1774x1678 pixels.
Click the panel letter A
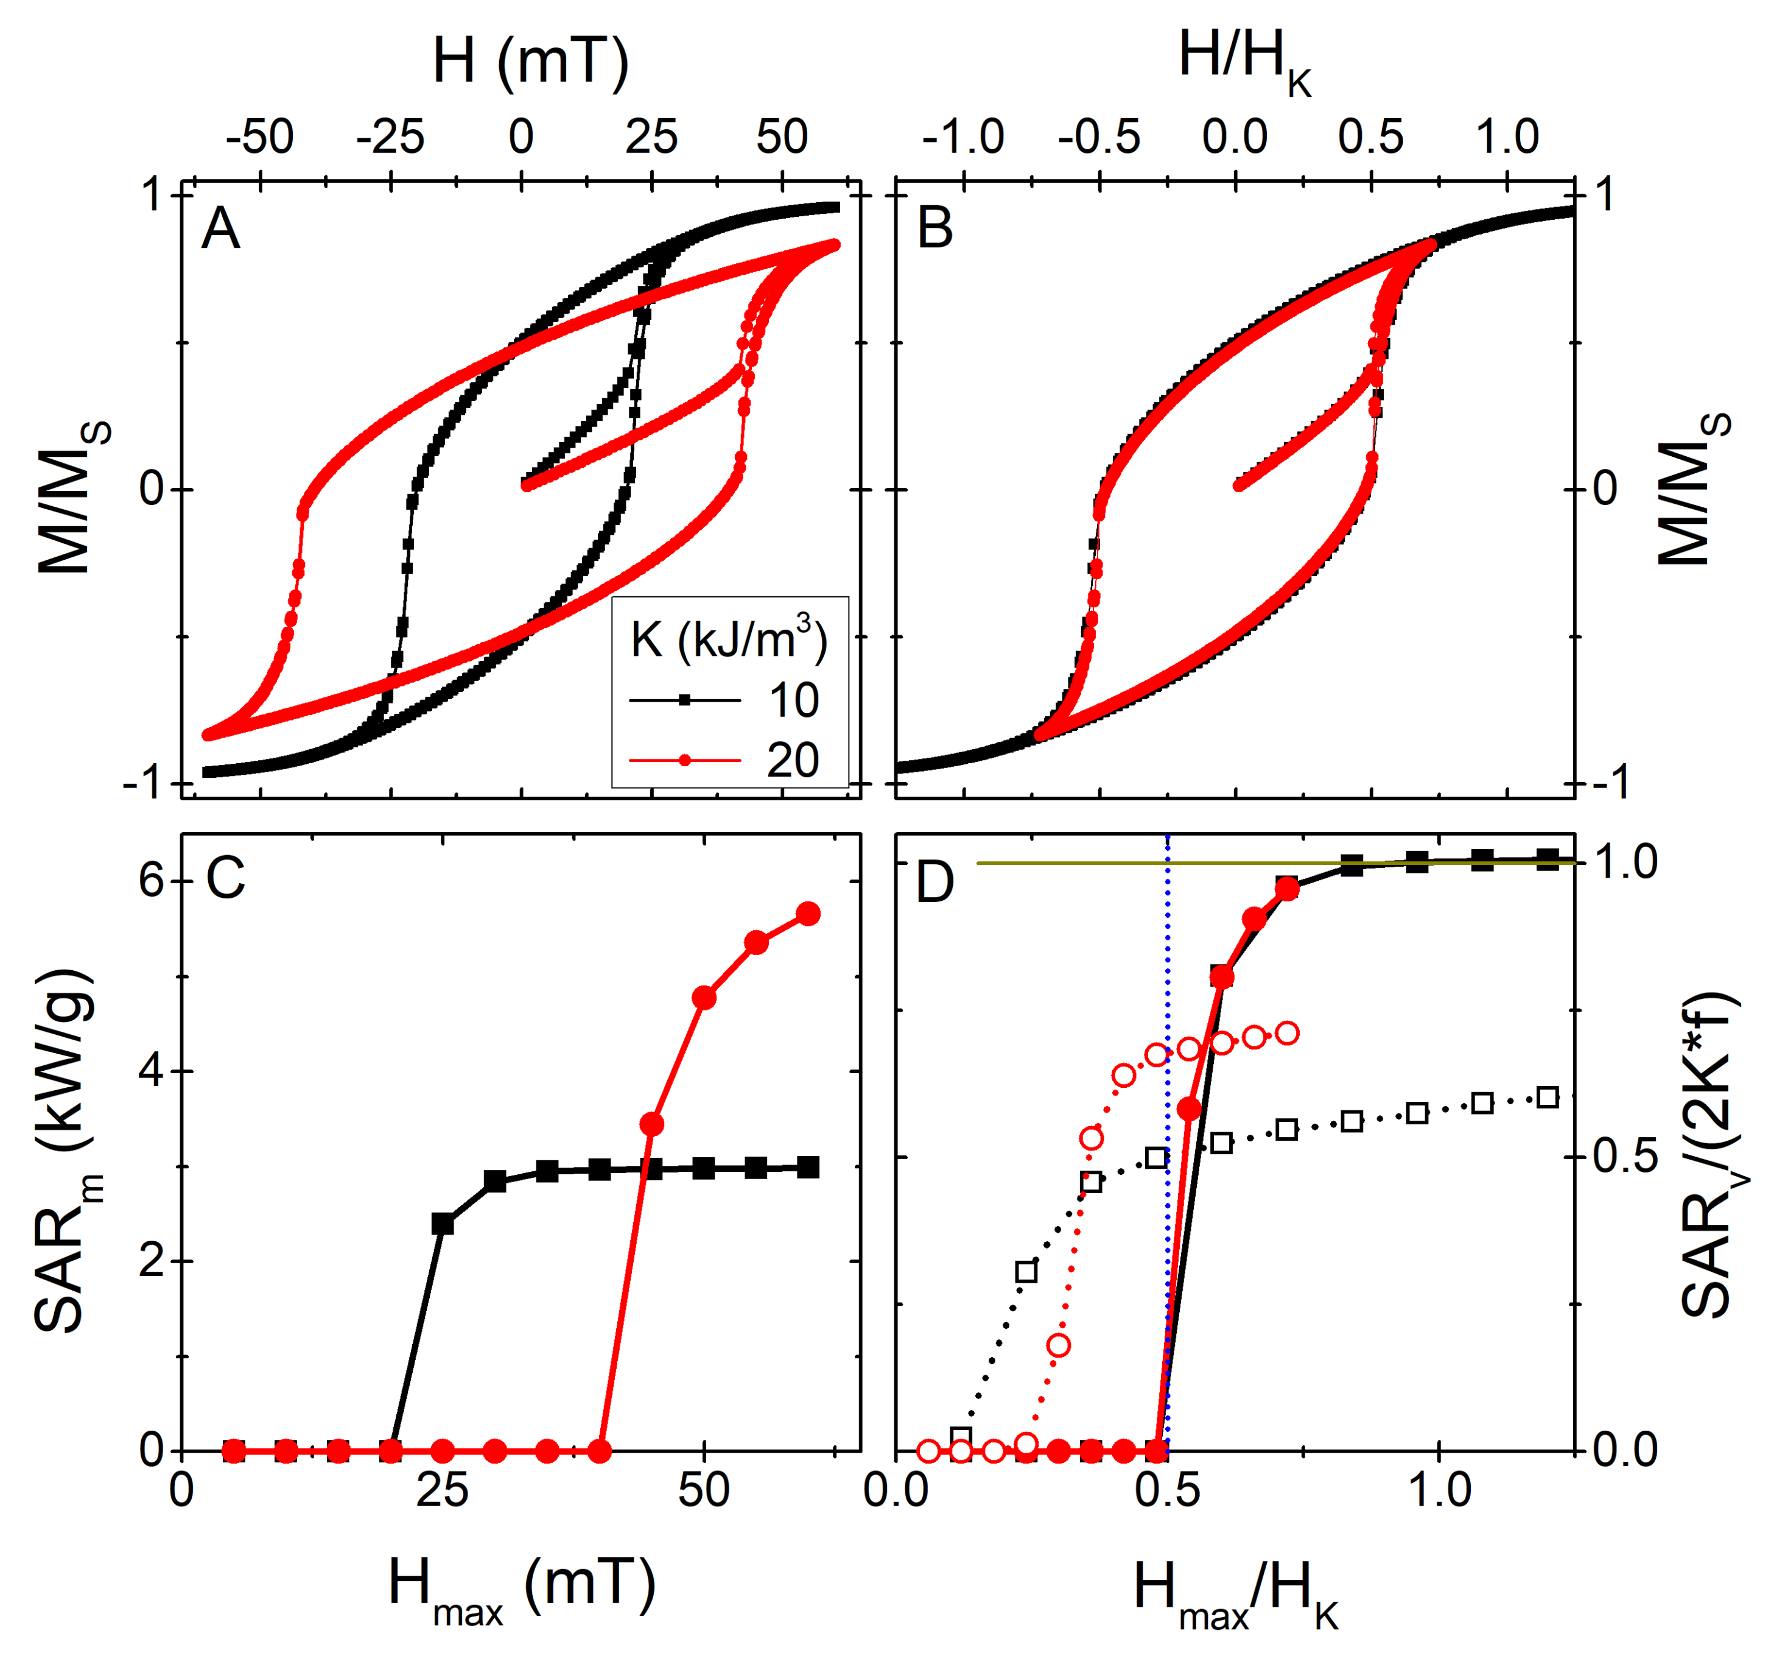[x=220, y=229]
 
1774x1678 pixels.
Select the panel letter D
[x=934, y=882]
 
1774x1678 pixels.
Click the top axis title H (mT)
[x=530, y=63]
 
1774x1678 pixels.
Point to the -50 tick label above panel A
[x=259, y=138]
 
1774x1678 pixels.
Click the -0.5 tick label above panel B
[x=1099, y=138]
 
